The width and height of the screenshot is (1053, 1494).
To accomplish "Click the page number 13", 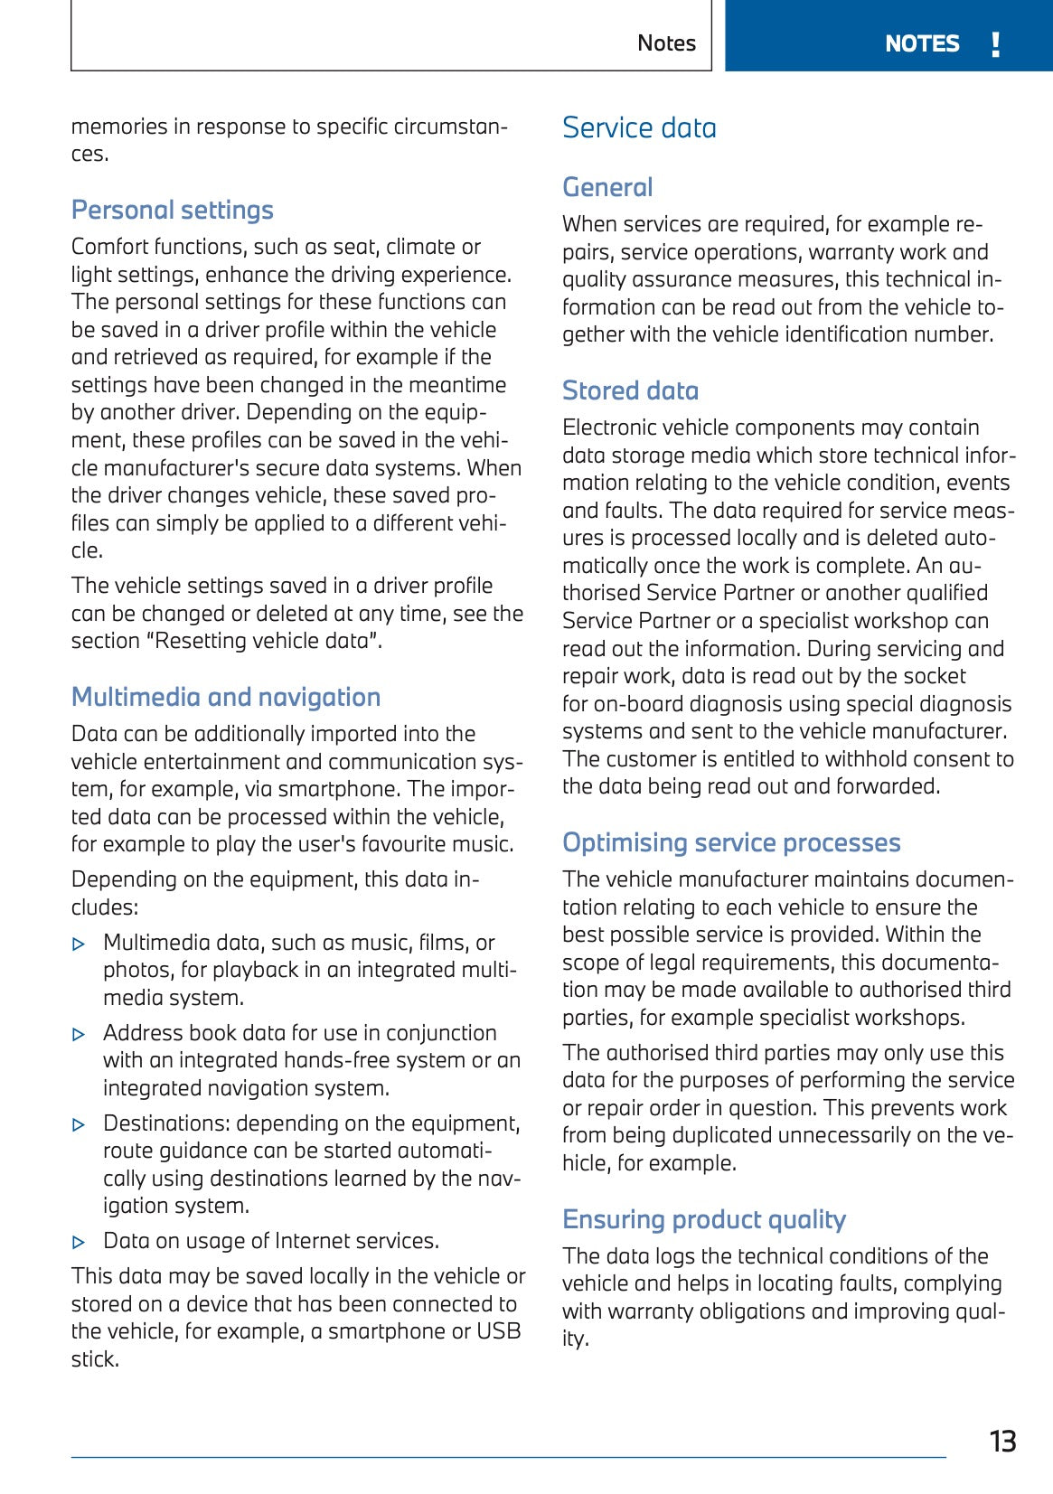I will pos(1002,1441).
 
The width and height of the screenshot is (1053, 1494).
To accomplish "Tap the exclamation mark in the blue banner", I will pos(995,43).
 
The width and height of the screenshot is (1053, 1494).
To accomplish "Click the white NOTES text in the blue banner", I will pos(921,43).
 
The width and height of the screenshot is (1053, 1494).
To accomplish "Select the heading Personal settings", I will pos(172,210).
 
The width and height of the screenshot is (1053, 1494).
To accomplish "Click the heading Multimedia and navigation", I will pos(225,697).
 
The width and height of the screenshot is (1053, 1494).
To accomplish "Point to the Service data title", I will pos(639,127).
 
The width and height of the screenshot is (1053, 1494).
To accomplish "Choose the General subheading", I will pos(606,187).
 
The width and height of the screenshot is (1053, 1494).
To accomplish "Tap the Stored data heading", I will pos(630,390).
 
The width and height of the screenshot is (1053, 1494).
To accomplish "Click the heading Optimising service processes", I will pos(730,842).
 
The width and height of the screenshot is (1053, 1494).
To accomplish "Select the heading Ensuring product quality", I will pos(703,1219).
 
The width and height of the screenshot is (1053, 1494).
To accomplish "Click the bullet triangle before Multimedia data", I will pos(79,944).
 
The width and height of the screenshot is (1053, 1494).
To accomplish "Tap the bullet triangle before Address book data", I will pos(79,1034).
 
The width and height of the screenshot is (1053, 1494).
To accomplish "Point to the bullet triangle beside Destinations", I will pos(79,1124).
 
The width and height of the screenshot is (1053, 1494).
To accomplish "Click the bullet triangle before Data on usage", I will pos(79,1242).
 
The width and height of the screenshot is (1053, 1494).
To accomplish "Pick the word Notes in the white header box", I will pos(666,43).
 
